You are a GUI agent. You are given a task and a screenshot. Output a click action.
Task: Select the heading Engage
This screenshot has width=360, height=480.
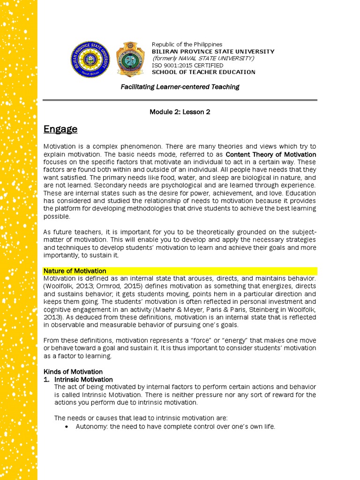pos(60,129)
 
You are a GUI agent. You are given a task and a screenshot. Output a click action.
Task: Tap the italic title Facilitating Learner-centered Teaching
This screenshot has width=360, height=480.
pos(180,87)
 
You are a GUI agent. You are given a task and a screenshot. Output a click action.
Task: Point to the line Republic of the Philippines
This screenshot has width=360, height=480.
pos(187,45)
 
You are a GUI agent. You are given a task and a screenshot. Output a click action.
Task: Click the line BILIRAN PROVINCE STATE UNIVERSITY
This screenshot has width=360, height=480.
pos(213,52)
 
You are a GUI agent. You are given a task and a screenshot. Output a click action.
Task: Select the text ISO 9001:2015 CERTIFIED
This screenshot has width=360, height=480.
pos(187,65)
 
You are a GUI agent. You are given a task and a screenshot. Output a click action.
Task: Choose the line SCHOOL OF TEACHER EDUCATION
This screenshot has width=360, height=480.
pos(203,72)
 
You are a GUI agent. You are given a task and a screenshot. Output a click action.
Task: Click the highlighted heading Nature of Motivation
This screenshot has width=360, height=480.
pos(75,271)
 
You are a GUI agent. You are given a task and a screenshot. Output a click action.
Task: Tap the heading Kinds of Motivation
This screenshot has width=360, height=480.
pos(73,372)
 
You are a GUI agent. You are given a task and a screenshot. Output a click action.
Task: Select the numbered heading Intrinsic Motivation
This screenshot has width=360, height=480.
pos(83,379)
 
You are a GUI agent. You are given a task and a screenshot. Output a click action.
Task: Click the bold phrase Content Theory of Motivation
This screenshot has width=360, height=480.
pos(271,154)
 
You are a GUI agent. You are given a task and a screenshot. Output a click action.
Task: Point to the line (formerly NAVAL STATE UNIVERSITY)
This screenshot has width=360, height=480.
pos(203,58)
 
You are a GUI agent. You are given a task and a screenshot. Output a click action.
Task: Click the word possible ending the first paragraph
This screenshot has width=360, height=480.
pos(57,217)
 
